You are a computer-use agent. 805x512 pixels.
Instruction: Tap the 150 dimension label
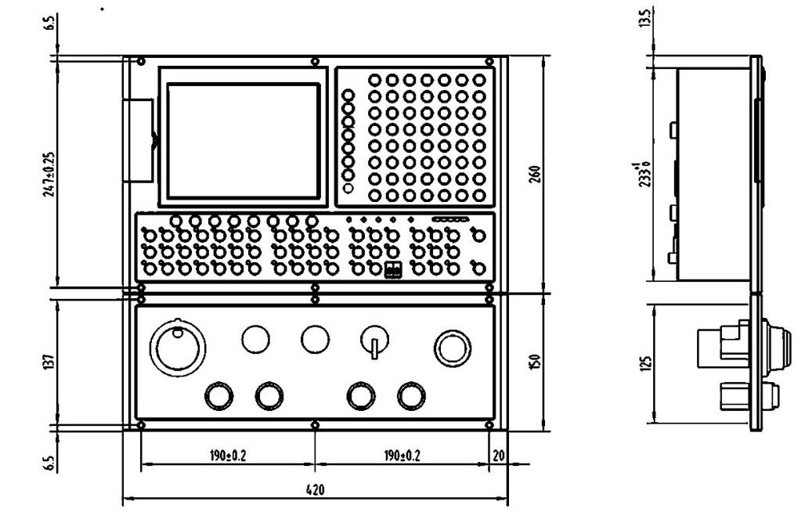536,362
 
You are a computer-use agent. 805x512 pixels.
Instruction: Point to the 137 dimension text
49,361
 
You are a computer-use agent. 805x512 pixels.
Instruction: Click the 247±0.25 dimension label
49,173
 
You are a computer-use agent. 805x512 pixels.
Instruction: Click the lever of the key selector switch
374,348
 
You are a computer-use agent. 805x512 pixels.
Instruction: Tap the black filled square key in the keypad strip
393,270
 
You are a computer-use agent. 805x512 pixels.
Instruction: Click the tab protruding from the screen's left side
140,141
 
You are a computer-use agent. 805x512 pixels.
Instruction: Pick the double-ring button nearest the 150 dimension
452,346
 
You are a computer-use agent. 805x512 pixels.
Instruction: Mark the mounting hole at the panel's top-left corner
140,62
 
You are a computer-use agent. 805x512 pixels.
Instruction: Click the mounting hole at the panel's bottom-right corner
489,425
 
